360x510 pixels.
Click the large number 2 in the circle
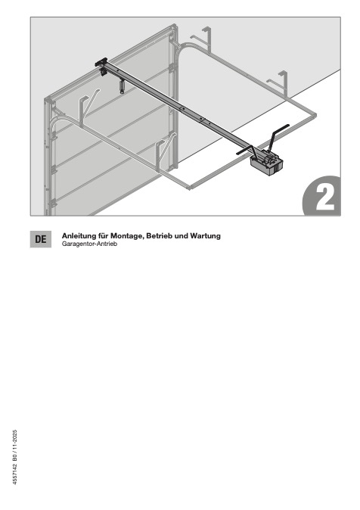pos(325,199)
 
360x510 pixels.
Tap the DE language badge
pos(41,239)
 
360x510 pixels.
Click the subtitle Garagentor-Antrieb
pos(89,244)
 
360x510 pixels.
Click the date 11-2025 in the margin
pos(15,440)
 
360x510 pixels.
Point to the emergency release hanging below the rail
pos(122,86)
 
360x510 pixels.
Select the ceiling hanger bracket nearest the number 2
pos(278,83)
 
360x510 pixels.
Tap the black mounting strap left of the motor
pos(246,151)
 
